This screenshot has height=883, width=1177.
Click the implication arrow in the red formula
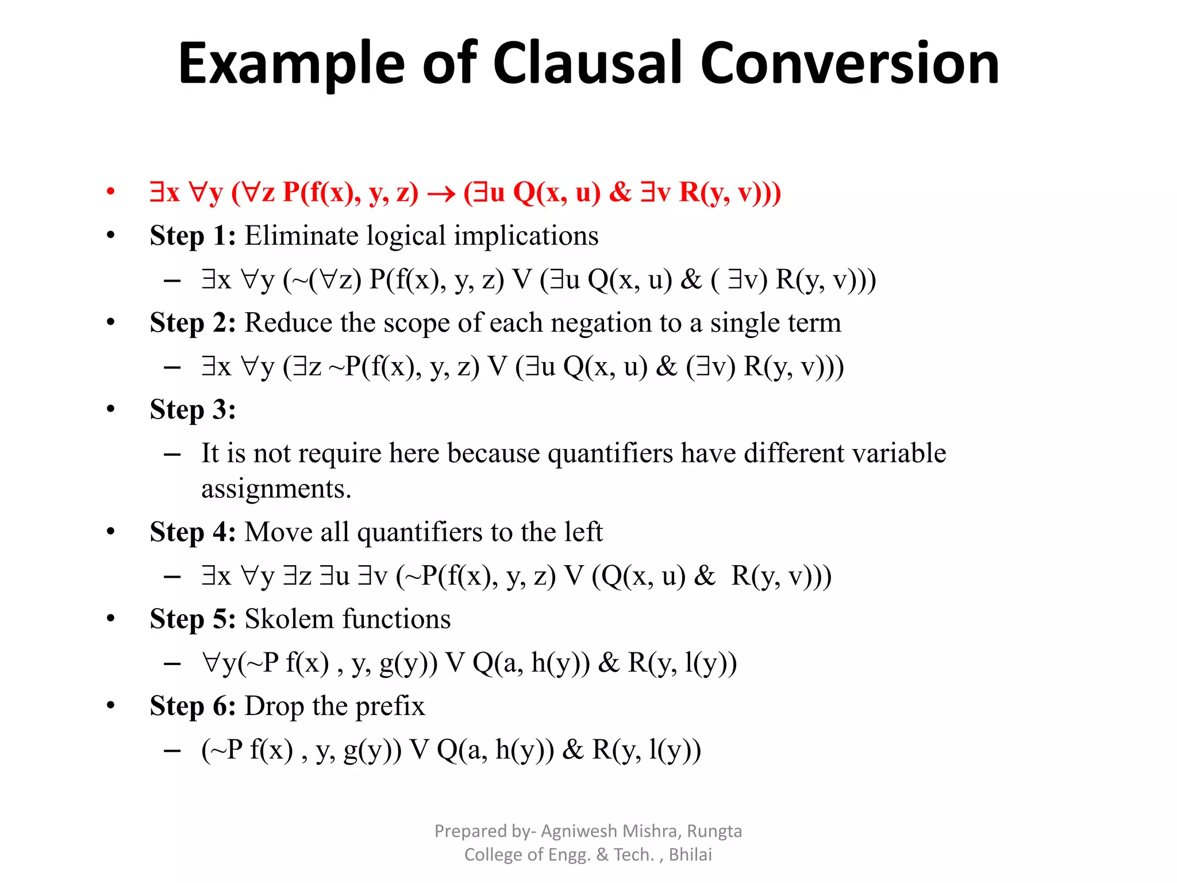pyautogui.click(x=441, y=194)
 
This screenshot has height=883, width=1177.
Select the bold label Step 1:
pyautogui.click(x=193, y=236)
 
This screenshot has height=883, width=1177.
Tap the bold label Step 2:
pyautogui.click(x=193, y=323)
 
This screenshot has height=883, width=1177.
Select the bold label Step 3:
pyautogui.click(x=193, y=410)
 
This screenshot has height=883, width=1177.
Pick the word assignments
pyautogui.click(x=275, y=489)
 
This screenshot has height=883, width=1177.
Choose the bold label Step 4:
pyautogui.click(x=193, y=532)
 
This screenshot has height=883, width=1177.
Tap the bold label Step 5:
pyautogui.click(x=193, y=619)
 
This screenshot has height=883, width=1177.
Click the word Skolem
pyautogui.click(x=289, y=619)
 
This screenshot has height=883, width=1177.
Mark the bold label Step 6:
pyautogui.click(x=193, y=706)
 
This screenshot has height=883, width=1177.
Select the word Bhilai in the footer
pyautogui.click(x=690, y=855)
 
